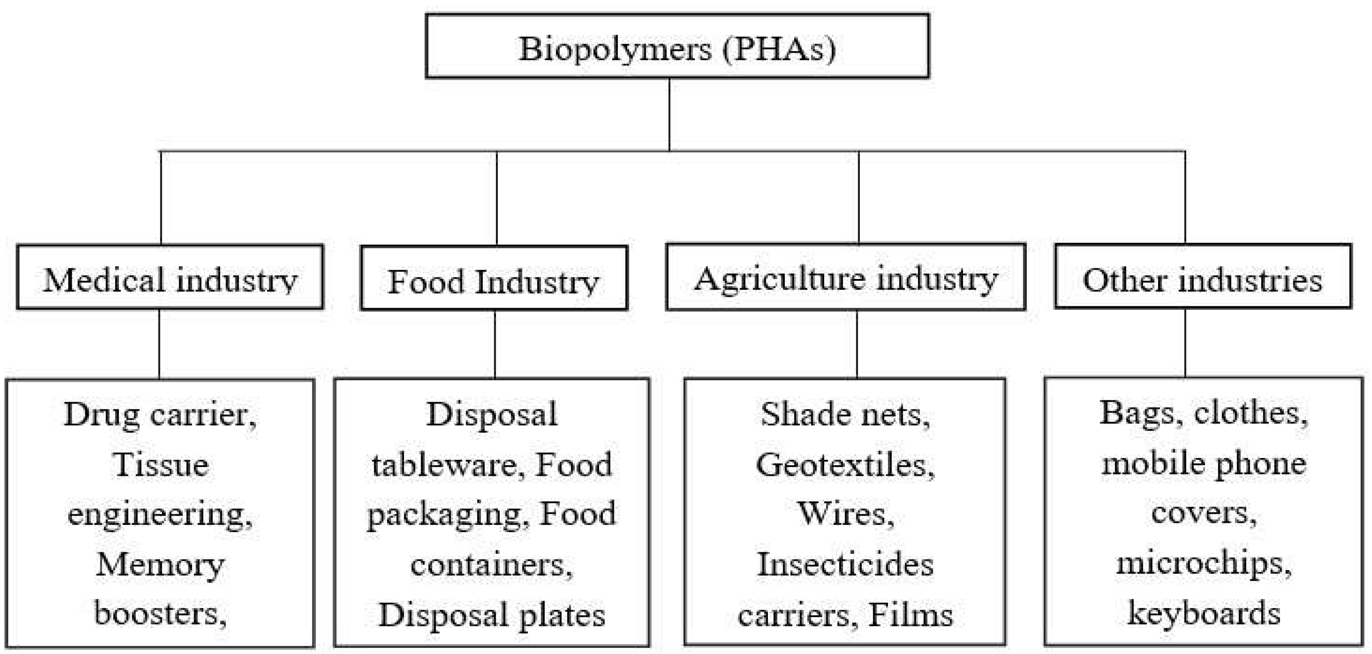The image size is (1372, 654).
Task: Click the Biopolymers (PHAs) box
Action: point(677,47)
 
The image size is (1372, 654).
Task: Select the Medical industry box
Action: point(170,278)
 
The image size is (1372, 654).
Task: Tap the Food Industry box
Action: point(494,279)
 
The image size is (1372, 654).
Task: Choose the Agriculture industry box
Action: point(846,278)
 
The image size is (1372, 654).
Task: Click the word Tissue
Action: point(161,464)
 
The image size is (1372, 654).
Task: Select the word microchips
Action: point(1199,563)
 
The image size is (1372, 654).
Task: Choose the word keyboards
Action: point(1204,613)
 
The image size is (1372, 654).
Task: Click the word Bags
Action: point(1137,413)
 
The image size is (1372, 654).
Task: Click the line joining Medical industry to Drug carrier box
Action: point(159,343)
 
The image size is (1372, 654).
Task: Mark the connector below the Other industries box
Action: point(1185,343)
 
